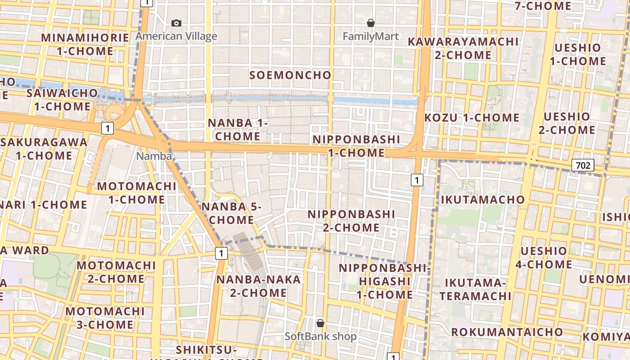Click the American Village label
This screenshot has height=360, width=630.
176,36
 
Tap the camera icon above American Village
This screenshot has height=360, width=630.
176,23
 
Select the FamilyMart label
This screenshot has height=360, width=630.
371,36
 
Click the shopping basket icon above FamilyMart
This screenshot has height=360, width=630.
371,22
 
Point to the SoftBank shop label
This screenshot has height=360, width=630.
320,336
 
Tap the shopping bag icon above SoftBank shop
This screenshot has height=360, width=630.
320,323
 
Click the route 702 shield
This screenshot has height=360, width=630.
583,165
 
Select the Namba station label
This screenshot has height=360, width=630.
154,156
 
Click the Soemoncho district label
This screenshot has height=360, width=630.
290,75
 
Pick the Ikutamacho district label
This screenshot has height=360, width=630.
483,199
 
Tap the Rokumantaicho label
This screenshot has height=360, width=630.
507,332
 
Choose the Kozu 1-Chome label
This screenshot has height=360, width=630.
472,118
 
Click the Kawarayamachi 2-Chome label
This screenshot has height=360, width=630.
463,48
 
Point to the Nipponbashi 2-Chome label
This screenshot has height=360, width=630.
351,221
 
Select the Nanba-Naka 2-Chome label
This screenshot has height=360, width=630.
258,286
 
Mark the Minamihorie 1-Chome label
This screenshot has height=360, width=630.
85,44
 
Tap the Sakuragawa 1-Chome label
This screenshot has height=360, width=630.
44,149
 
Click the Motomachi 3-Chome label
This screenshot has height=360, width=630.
105,318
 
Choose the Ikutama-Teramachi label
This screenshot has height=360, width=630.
475,289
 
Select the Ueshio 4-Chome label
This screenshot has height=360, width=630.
544,257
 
